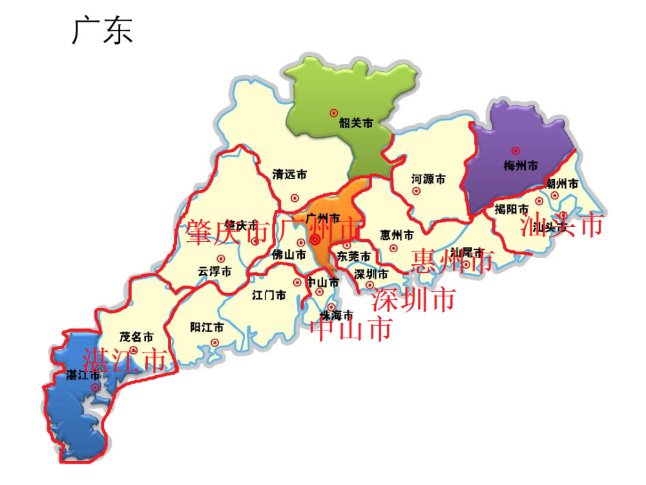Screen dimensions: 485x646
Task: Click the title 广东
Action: (x=102, y=30)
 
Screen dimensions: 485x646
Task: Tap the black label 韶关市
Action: (x=356, y=124)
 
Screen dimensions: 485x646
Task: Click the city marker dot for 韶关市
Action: (x=334, y=113)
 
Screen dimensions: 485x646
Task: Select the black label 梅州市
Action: (x=521, y=166)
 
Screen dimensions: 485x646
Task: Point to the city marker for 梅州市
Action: (x=515, y=151)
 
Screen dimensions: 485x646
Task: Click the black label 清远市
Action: (x=289, y=175)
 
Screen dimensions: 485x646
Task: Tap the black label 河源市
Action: (x=428, y=179)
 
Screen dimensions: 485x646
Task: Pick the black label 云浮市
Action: (x=214, y=272)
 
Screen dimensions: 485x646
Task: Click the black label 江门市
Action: (x=269, y=296)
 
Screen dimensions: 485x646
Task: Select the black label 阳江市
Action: (x=207, y=327)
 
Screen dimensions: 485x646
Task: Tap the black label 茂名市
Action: (x=136, y=337)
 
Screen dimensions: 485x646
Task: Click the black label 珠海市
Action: (x=337, y=316)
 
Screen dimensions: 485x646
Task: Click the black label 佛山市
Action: (x=289, y=255)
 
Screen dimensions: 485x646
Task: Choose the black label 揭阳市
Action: (x=512, y=209)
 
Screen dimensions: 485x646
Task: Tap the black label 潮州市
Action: (x=561, y=184)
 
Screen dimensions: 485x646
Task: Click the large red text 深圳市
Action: (x=414, y=299)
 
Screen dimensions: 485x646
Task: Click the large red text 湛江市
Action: (x=124, y=360)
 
